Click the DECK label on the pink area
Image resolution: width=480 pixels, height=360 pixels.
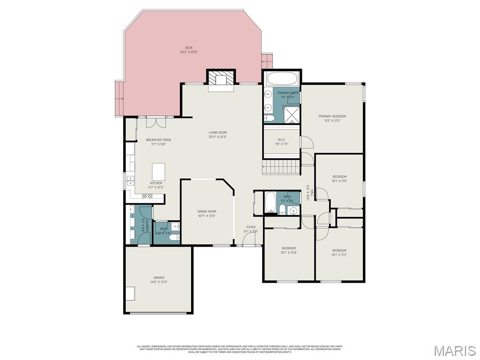(188, 47)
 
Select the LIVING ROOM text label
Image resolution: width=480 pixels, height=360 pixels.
(217, 133)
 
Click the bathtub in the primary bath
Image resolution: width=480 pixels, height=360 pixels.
(281, 78)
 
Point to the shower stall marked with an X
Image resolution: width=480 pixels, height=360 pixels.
(292, 113)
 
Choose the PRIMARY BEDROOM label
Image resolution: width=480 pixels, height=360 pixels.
(332, 116)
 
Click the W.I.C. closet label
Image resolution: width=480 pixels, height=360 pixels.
(282, 139)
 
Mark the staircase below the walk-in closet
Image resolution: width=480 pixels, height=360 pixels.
(281, 166)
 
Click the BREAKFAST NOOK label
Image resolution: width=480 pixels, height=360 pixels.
(158, 140)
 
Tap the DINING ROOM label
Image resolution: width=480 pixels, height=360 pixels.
(207, 211)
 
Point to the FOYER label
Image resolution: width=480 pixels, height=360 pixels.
(251, 227)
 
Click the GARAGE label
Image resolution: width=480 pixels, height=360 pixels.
(158, 277)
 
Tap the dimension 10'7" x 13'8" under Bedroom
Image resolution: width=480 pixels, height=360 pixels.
(289, 253)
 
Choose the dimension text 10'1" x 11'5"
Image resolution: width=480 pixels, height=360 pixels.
(339, 181)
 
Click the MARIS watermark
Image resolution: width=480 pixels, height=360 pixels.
(454, 350)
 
